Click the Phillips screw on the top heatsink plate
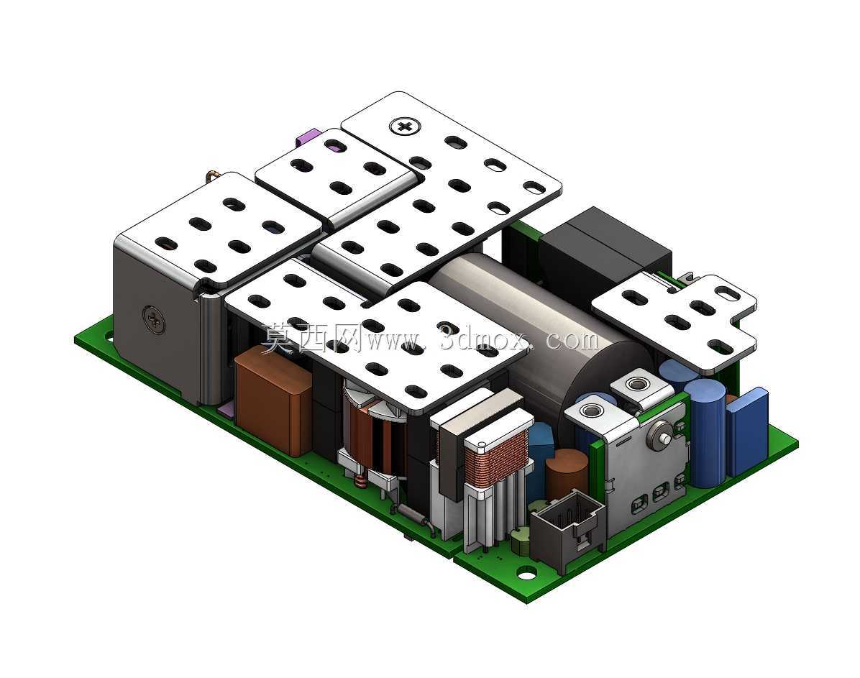pyautogui.click(x=406, y=127)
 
